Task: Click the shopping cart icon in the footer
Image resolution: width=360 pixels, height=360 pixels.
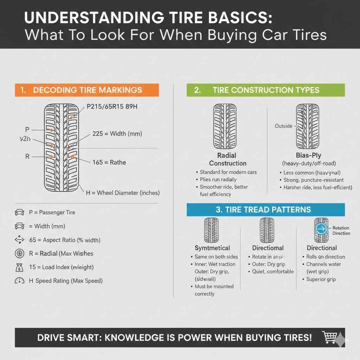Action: [329, 337]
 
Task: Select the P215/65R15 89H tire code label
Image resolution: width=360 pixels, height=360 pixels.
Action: [112, 107]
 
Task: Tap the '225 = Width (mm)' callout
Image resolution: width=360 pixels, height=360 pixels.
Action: [117, 134]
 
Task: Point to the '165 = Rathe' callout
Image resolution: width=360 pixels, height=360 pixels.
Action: [109, 162]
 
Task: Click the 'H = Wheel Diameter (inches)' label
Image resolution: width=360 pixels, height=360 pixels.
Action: [123, 193]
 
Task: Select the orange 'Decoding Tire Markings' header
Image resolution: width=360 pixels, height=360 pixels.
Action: [86, 90]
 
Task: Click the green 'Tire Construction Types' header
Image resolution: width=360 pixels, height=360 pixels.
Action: [265, 90]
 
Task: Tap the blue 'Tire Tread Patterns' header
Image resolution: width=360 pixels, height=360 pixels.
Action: [265, 210]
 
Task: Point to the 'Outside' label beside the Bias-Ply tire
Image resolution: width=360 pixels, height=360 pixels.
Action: [283, 126]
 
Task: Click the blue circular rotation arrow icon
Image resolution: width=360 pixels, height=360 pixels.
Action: [321, 229]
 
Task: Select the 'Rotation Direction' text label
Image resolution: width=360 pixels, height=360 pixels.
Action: [341, 231]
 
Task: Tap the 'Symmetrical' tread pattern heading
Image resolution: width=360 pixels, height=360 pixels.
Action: [212, 248]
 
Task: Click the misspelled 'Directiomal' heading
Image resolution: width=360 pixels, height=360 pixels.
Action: [268, 248]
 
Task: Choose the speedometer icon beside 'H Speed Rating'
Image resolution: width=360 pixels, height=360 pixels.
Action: [19, 281]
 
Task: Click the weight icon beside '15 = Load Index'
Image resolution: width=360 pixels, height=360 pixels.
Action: [19, 267]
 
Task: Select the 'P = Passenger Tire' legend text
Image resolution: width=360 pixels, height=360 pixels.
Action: [52, 212]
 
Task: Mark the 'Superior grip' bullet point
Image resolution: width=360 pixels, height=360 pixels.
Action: [321, 279]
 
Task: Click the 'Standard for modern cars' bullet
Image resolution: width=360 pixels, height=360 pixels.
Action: [228, 172]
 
